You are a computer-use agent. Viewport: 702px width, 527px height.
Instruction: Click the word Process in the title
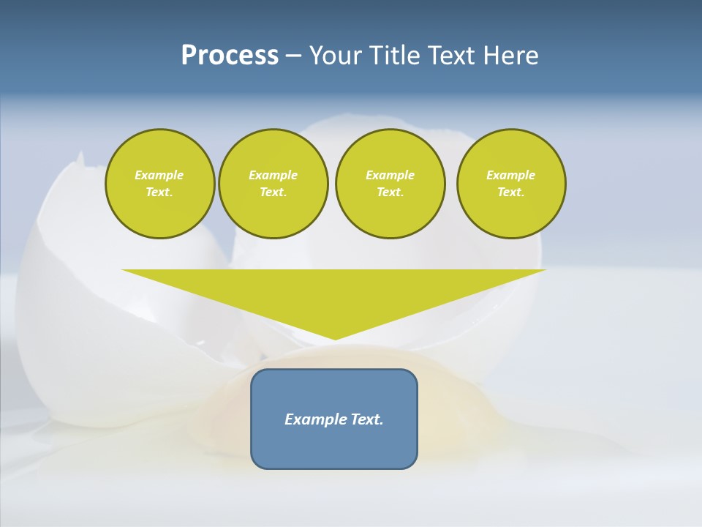[230, 56]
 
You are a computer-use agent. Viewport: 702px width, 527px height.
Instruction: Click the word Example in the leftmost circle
[159, 175]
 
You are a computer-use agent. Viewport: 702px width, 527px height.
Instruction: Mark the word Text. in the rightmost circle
[510, 192]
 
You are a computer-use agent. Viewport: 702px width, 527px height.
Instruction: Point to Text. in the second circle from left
[273, 192]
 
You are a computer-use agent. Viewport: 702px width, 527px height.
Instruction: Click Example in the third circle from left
[390, 175]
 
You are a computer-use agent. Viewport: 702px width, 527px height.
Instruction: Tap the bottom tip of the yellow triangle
[335, 337]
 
